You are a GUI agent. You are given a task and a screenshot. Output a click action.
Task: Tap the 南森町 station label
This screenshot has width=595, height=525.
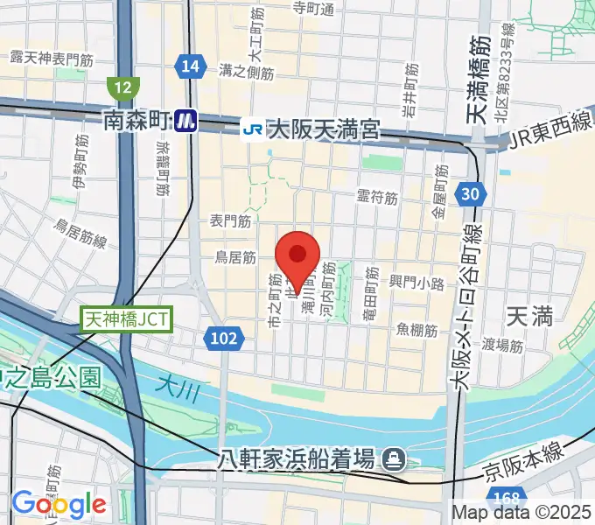click(x=136, y=121)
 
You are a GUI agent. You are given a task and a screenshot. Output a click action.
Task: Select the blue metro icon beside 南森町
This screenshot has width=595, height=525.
click(x=184, y=121)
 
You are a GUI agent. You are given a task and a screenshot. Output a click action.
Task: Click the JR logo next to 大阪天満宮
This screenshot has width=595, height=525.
click(x=252, y=130)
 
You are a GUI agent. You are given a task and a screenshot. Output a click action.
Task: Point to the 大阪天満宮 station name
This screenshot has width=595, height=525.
click(x=323, y=130)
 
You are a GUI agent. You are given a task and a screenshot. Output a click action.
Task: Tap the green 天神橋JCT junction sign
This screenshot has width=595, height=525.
click(x=128, y=318)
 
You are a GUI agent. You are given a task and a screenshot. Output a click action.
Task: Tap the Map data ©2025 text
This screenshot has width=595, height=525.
click(x=521, y=513)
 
